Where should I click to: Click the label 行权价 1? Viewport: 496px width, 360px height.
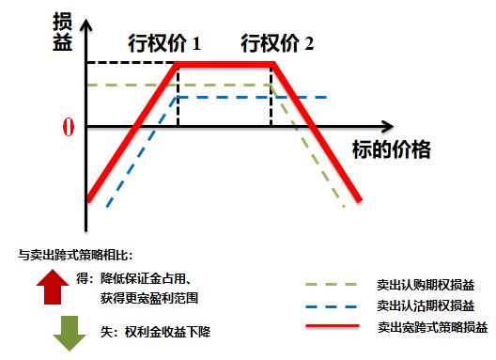(164, 43)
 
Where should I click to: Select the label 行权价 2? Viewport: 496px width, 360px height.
(278, 43)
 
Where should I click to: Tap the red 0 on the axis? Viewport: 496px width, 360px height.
(67, 127)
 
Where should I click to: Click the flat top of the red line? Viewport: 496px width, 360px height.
(225, 63)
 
